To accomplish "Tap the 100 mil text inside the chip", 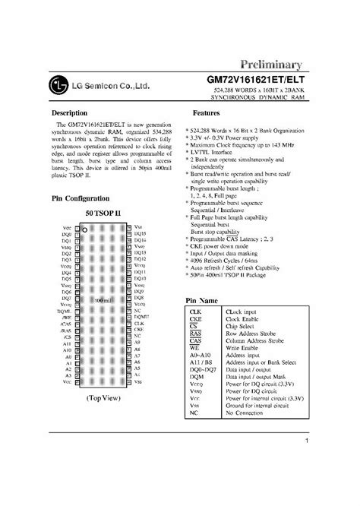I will (99, 301).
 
